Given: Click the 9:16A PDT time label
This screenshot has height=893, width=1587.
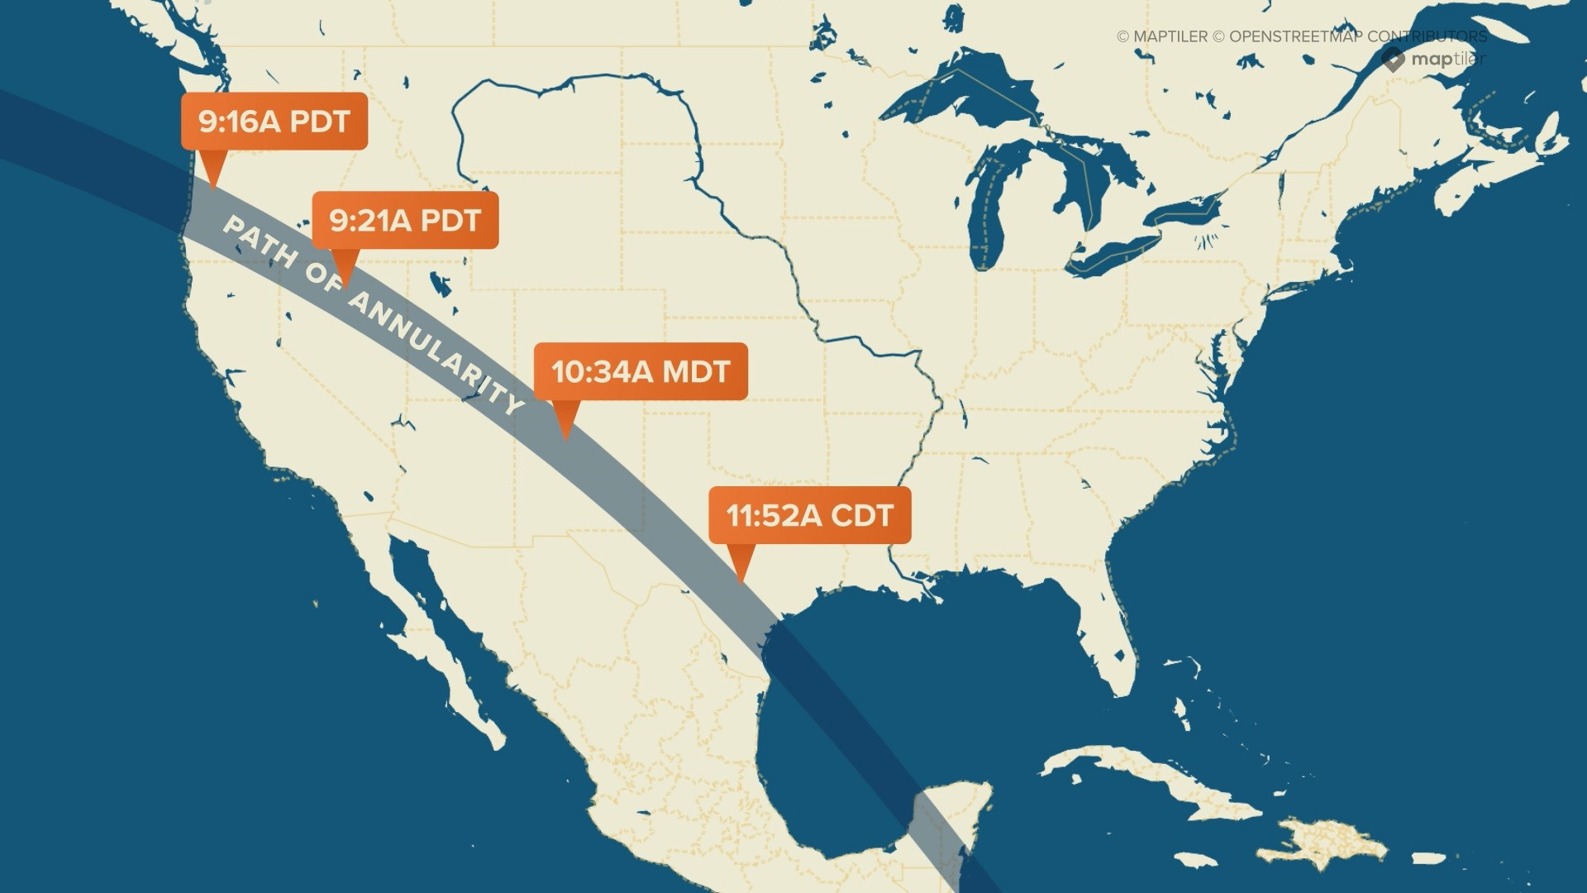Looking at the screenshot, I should pyautogui.click(x=274, y=122).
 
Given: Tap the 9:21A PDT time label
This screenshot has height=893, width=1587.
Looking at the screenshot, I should pyautogui.click(x=405, y=221).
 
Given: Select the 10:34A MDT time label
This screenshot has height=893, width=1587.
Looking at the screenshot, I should pyautogui.click(x=641, y=371).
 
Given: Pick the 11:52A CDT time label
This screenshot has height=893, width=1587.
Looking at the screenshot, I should pyautogui.click(x=810, y=515).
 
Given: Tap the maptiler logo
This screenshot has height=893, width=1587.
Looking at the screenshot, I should pyautogui.click(x=1433, y=60).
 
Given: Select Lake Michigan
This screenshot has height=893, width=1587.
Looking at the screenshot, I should pyautogui.click(x=992, y=207).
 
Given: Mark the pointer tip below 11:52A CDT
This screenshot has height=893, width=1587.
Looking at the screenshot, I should pyautogui.click(x=741, y=581).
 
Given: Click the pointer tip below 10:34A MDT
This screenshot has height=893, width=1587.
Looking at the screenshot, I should pyautogui.click(x=565, y=437).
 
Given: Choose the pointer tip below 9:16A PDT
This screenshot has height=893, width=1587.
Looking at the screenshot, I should pyautogui.click(x=213, y=188).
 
